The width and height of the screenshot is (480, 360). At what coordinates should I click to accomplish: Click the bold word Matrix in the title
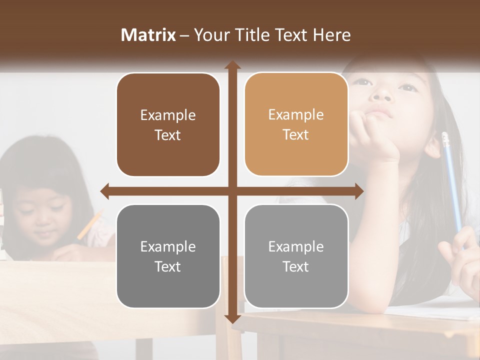coord(148,35)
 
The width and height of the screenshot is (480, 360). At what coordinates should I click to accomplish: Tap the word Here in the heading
coord(331,35)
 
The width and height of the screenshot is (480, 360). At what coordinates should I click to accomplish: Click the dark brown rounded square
coord(168,124)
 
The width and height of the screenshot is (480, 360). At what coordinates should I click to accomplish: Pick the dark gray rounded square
coord(168,256)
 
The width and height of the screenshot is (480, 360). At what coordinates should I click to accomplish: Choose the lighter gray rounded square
coord(296,256)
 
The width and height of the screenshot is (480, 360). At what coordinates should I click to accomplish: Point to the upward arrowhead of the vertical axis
coord(232,65)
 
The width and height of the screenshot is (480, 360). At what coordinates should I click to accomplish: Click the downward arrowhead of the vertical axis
coord(232,319)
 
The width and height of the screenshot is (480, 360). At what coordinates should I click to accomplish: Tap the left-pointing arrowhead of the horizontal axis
coord(104,191)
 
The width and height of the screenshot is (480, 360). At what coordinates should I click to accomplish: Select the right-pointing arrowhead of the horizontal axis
coord(359,191)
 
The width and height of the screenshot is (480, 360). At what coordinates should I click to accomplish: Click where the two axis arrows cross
coord(232,191)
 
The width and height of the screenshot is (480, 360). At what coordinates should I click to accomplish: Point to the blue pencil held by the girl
coord(451,185)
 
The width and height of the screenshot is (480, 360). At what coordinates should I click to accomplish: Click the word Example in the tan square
coord(296,114)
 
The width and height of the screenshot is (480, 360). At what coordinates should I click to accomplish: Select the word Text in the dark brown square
coord(168,135)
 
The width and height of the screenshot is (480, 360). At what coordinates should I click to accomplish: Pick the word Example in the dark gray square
coord(168,246)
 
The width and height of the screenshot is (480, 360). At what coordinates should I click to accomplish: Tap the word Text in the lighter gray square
coord(296,266)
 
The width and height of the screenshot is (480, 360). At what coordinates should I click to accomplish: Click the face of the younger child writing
coord(42,215)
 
